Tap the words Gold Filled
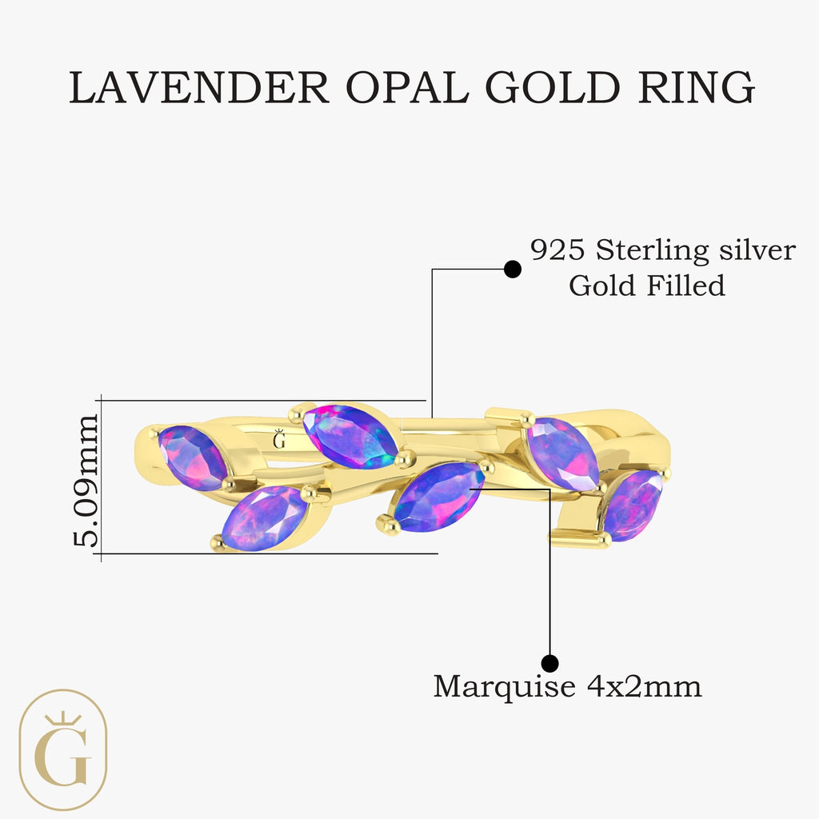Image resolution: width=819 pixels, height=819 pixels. pos(647,286)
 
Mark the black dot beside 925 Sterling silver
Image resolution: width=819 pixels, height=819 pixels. pos(513,270)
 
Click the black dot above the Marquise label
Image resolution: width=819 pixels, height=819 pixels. pos(549,663)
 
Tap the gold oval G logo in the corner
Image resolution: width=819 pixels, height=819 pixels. pos(63,750)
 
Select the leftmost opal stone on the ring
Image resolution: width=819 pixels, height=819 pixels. pos(193,458)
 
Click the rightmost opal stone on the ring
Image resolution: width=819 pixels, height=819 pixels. pos(633,505)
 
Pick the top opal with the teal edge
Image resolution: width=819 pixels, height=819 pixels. pos(350,436)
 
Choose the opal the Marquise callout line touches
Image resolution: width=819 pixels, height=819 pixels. pos(439,497)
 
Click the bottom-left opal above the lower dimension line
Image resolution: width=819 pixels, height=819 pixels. pos(265,518)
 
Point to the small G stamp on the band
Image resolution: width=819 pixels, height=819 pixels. pos(279,439)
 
